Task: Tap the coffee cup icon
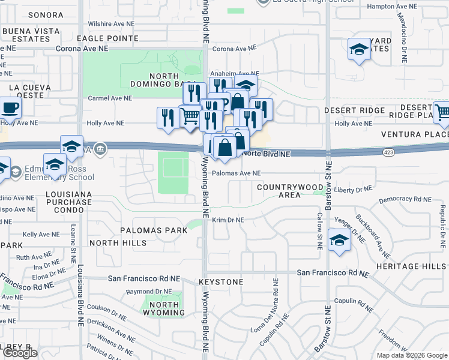coord(9,109)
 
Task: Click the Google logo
coord(20,353)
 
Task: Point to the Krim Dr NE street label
coord(228,220)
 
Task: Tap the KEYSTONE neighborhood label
coord(221,282)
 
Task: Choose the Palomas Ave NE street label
coord(236,173)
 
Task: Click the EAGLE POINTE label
coord(115,38)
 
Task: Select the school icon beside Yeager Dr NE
coord(340,241)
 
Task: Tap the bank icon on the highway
coord(101,148)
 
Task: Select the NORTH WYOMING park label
coord(161,308)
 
